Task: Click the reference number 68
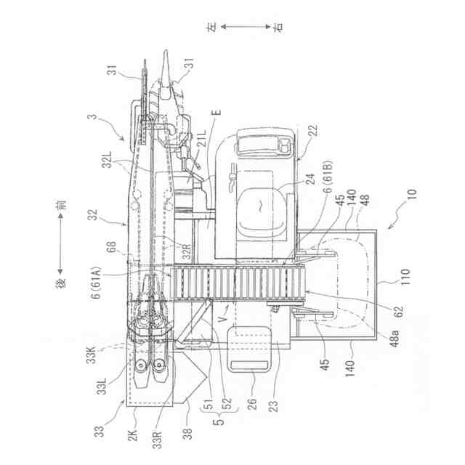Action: coord(112,248)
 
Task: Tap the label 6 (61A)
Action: coord(97,283)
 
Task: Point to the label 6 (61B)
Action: coord(328,177)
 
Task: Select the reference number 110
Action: coord(405,277)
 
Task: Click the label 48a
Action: coord(395,338)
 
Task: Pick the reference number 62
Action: coord(400,312)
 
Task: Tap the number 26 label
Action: coord(252,404)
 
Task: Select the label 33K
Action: coord(91,354)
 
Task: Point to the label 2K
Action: coord(132,435)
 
